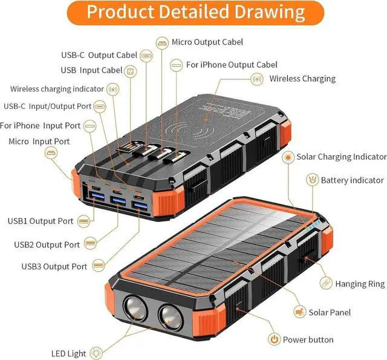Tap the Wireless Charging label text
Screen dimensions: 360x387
[302, 79]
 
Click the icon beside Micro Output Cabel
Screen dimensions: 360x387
[161, 42]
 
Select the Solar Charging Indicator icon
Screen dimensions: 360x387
[288, 157]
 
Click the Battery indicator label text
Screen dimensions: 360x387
[352, 180]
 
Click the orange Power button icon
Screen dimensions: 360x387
[274, 339]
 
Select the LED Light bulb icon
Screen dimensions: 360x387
[96, 353]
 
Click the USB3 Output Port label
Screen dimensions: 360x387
[54, 266]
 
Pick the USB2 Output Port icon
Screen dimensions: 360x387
[90, 244]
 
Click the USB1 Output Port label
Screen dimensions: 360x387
[41, 221]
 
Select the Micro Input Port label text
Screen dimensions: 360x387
[39, 141]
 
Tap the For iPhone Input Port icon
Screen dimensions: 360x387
[90, 126]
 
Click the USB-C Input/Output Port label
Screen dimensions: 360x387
[48, 106]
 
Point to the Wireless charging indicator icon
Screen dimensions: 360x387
[112, 89]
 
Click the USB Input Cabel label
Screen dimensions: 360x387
[92, 70]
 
